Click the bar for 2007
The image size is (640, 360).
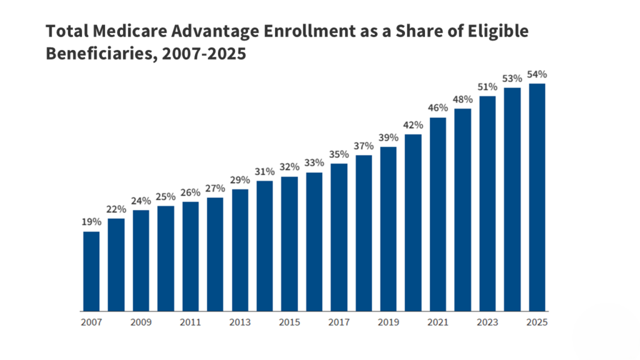click(x=91, y=271)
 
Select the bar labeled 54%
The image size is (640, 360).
click(x=537, y=197)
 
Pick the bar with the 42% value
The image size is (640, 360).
click(x=413, y=222)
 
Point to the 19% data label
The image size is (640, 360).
click(x=91, y=222)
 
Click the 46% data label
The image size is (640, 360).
click(x=438, y=108)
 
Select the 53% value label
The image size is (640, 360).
click(x=512, y=78)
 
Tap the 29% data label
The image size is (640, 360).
click(x=240, y=179)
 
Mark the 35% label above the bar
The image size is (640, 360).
click(x=339, y=154)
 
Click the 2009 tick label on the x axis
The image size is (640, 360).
click(x=141, y=322)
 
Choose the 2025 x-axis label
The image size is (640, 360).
click(x=537, y=322)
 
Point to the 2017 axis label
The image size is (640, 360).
click(x=339, y=322)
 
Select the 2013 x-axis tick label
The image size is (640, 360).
click(x=240, y=322)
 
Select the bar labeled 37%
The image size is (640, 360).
click(x=364, y=233)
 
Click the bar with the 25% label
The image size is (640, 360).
click(x=166, y=258)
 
